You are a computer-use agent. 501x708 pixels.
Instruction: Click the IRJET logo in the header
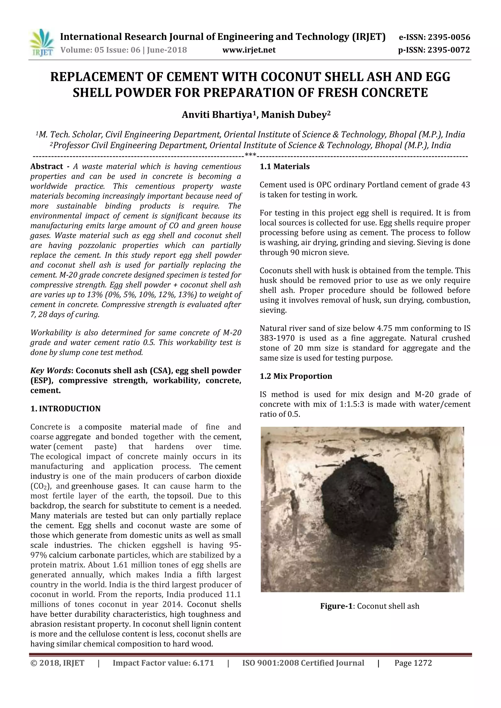pos(41,44)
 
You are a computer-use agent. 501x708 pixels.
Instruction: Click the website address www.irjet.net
pos(249,50)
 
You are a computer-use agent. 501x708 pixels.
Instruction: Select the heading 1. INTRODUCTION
pos(66,409)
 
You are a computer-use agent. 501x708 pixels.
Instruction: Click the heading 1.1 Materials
pos(284,166)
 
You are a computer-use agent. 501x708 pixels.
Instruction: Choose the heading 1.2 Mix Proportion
pos(296,376)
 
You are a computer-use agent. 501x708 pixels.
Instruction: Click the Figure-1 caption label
pos(336,606)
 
